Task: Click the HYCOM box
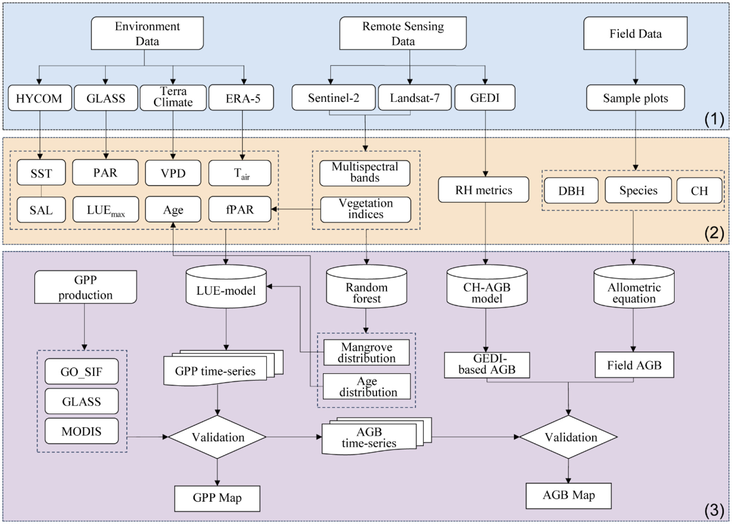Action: tap(39, 98)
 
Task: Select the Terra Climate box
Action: tap(173, 97)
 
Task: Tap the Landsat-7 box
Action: tap(414, 98)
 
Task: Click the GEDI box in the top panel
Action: tap(484, 98)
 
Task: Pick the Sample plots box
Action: tap(635, 98)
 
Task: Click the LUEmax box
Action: tap(105, 210)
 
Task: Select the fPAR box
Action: tap(240, 209)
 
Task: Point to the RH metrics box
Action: tap(483, 190)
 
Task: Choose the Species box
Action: tap(638, 190)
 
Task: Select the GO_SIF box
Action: tap(81, 371)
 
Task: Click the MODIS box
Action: tap(81, 431)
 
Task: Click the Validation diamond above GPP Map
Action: tap(218, 437)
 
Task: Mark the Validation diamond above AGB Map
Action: tap(568, 437)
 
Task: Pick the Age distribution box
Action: tap(367, 386)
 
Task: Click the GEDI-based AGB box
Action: tap(487, 365)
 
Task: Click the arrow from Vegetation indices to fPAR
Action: tap(295, 209)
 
